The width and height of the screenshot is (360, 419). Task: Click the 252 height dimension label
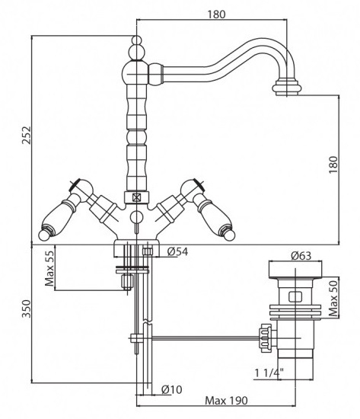[x=27, y=135]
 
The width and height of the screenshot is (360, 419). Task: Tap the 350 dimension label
[x=27, y=309]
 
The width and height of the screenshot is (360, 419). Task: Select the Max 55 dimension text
[x=49, y=268]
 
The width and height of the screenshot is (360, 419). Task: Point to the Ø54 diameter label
[x=177, y=251]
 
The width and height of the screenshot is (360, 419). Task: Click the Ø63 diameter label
[x=301, y=256]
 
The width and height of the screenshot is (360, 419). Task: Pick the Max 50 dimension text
[x=333, y=297]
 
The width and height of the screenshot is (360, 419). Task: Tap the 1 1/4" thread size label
[x=269, y=373]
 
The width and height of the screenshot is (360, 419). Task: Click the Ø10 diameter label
[x=172, y=389]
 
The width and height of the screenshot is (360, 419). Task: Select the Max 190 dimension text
[x=226, y=400]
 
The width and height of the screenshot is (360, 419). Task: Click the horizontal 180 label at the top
[x=217, y=14]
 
